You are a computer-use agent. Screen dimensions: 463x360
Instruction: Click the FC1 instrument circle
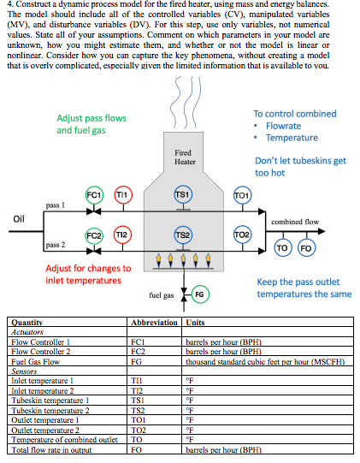point(95,195)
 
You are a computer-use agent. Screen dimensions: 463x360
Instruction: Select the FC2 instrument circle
point(95,234)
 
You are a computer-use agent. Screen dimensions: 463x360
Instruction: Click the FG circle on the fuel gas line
point(199,294)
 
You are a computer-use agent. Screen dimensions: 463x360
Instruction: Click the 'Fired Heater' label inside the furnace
point(185,157)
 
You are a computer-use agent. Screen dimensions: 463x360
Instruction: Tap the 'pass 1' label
point(55,205)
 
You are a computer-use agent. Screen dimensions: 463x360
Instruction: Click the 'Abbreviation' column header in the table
point(153,323)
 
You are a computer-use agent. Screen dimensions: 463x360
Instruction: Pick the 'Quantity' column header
point(27,323)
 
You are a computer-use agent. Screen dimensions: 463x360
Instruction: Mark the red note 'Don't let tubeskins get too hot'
point(300,166)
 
